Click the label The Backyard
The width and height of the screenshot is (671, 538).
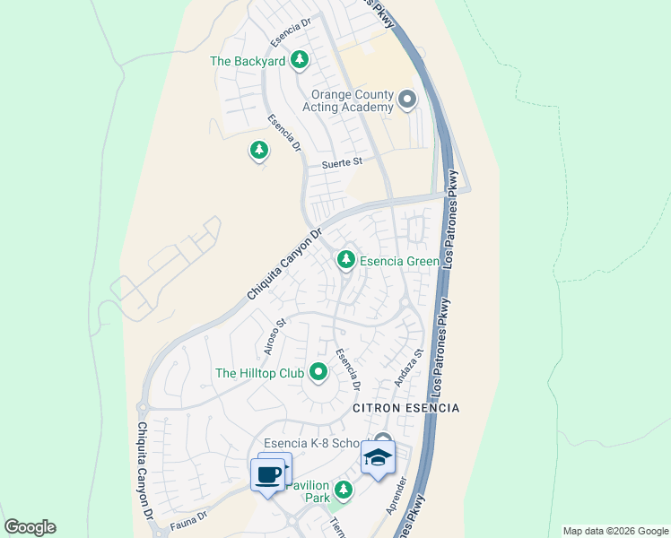coord(247,61)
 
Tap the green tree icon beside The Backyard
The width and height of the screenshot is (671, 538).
coord(300,61)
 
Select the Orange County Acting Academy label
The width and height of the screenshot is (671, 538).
coord(352,100)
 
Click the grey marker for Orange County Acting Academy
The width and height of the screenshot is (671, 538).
coord(407,100)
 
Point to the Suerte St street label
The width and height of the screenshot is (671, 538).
coord(342,162)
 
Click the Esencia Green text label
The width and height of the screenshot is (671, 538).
coord(399,261)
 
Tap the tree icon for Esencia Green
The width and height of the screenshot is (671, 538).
coord(345,260)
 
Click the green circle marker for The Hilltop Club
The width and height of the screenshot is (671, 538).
coord(318,371)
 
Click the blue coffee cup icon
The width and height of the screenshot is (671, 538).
coord(268,474)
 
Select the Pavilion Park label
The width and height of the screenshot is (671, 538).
coord(306,490)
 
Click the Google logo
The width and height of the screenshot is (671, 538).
coord(30,527)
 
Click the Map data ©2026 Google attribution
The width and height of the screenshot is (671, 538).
coord(615,531)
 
